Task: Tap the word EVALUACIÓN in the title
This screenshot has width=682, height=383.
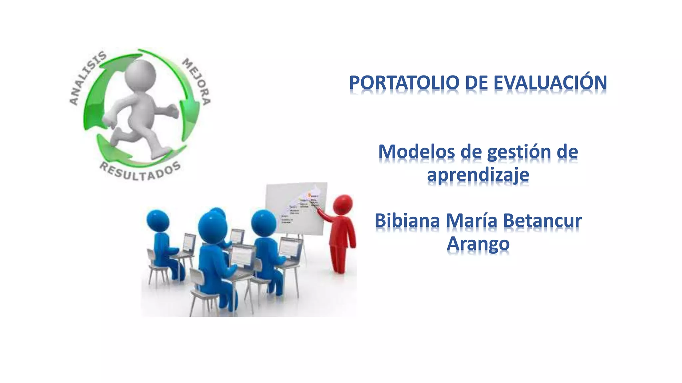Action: (x=550, y=83)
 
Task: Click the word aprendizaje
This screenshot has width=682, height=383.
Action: (x=478, y=175)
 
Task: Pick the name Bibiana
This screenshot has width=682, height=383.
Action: (x=407, y=221)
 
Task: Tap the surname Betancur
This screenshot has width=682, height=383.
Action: (x=542, y=221)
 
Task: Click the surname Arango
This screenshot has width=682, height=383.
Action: (x=478, y=244)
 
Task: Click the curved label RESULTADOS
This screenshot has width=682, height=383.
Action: (x=140, y=171)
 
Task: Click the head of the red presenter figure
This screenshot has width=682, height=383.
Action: (x=343, y=204)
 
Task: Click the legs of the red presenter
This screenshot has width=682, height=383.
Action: (x=338, y=258)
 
